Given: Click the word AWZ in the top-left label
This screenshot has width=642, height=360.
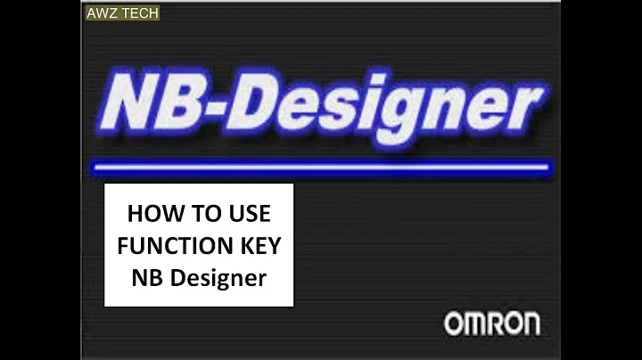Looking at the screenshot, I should pyautogui.click(x=99, y=13).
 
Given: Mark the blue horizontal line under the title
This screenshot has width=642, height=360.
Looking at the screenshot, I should pyautogui.click(x=321, y=167).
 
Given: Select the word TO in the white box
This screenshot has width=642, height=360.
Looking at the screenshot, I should pyautogui.click(x=199, y=215).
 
